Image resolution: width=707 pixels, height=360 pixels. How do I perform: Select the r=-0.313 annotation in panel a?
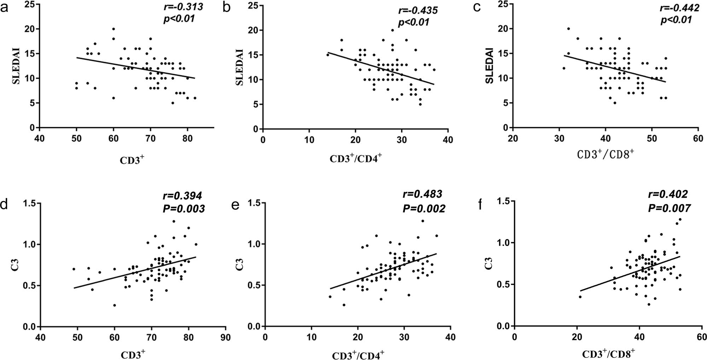point(183,7)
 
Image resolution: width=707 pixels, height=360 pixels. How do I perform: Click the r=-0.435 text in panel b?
point(418,10)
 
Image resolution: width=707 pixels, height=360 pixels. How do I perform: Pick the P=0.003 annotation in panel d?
point(183,209)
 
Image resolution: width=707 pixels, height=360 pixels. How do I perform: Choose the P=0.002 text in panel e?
point(424,209)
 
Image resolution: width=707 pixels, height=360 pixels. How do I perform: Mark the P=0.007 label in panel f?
point(669,208)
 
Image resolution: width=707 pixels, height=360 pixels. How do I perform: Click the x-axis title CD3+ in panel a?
point(132,160)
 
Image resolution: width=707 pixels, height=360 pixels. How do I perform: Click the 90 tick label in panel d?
point(225,338)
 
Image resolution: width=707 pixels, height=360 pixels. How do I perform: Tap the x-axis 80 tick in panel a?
point(187,139)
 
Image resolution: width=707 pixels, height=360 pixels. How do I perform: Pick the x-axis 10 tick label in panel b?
point(309,140)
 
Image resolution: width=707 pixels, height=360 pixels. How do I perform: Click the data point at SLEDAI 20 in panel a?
point(113,29)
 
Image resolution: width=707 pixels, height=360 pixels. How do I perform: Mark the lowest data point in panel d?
point(115,305)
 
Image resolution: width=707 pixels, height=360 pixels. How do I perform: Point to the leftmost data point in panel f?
point(580,297)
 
